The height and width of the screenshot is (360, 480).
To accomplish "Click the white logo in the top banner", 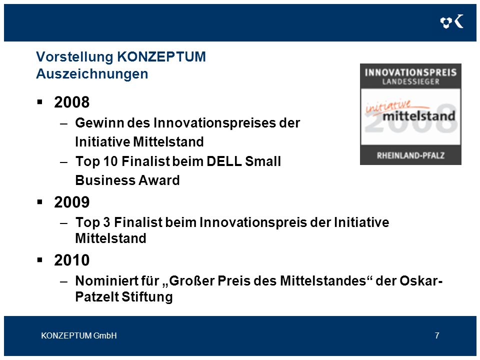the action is (x=452, y=21).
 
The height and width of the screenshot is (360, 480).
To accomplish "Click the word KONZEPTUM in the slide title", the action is (x=161, y=57).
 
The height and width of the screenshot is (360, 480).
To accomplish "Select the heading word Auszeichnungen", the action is (x=92, y=74).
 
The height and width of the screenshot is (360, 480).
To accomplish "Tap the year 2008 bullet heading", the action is (x=71, y=102).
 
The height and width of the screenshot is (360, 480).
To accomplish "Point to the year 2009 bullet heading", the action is (x=71, y=202).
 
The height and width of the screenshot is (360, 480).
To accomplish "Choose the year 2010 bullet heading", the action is (x=71, y=260).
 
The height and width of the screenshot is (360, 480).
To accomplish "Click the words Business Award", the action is (x=127, y=180).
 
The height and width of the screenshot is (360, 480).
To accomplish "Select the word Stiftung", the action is (x=147, y=296).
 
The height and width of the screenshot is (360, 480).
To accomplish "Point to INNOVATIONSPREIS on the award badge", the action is (x=410, y=72).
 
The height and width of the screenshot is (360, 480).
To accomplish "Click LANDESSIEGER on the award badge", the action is (x=410, y=81).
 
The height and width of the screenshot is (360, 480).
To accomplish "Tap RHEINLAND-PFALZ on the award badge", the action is (x=410, y=155).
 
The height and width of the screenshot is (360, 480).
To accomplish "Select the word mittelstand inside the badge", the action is (x=419, y=116).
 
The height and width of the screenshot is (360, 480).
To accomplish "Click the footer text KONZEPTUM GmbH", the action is (x=79, y=335).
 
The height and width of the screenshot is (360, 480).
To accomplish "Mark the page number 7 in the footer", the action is (x=437, y=335).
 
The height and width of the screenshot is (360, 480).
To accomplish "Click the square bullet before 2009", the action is (x=40, y=202).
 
